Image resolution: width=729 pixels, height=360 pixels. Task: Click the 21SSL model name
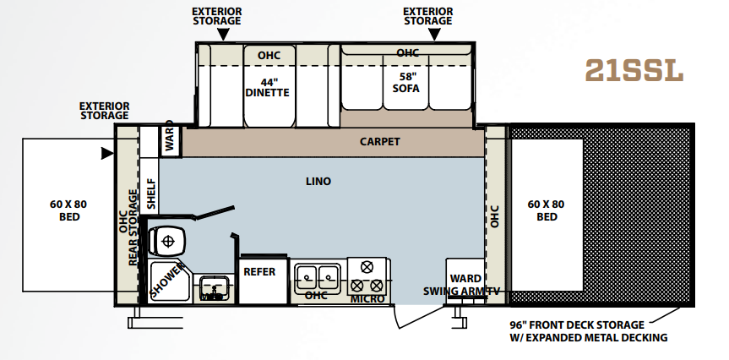pyautogui.click(x=634, y=70)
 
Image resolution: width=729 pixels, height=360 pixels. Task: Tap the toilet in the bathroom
pyautogui.click(x=167, y=241)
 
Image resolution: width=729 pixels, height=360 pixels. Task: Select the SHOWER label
pyautogui.click(x=168, y=281)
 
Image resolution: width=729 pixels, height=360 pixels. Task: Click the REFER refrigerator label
pyautogui.click(x=259, y=271)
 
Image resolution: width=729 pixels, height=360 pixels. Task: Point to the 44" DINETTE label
pyautogui.click(x=267, y=87)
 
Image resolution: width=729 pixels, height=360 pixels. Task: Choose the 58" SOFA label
pyautogui.click(x=405, y=82)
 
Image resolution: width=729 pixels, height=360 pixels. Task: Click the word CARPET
pyautogui.click(x=380, y=141)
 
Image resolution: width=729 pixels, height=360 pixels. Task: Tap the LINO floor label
pyautogui.click(x=318, y=182)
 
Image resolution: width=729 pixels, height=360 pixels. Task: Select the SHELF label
pyautogui.click(x=151, y=194)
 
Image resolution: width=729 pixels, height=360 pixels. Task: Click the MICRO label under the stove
pyautogui.click(x=367, y=298)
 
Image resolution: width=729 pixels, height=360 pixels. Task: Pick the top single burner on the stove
pyautogui.click(x=367, y=267)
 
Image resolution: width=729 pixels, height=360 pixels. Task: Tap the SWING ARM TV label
pyautogui.click(x=461, y=292)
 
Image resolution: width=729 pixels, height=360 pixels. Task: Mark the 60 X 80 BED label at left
pyautogui.click(x=68, y=210)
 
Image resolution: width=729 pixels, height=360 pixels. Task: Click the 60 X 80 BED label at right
pyautogui.click(x=546, y=210)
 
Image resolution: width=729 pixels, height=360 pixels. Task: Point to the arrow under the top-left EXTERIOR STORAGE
pyautogui.click(x=223, y=34)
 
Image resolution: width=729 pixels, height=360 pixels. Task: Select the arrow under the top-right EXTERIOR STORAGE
pyautogui.click(x=434, y=34)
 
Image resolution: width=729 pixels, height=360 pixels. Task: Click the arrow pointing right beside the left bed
pyautogui.click(x=107, y=153)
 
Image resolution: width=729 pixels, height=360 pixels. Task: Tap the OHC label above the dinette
pyautogui.click(x=269, y=55)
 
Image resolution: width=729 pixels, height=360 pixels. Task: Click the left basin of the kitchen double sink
pyautogui.click(x=307, y=278)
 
